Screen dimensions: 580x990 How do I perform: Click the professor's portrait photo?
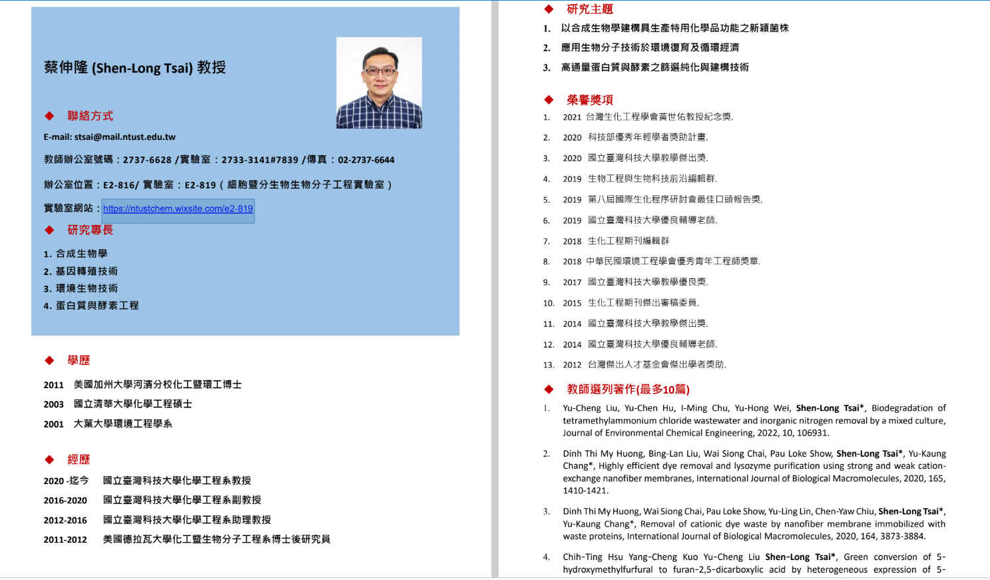coord(379,83)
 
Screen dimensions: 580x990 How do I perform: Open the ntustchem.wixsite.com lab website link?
coord(178,209)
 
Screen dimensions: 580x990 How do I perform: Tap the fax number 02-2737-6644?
coord(366,160)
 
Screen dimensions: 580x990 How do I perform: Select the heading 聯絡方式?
coord(90,116)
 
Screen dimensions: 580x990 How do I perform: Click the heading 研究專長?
coord(90,230)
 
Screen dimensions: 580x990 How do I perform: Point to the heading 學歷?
coord(79,360)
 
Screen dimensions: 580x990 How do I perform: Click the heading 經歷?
coord(79,459)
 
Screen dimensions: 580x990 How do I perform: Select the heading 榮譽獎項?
coord(589,100)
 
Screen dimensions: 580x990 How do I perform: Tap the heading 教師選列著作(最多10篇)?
coord(628,390)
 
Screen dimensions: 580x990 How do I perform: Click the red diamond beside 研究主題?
coord(549,9)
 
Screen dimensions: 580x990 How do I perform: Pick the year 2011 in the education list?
coord(54,385)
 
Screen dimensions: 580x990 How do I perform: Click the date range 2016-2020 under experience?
coord(65,501)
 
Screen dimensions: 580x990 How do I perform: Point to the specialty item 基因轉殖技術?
coord(87,272)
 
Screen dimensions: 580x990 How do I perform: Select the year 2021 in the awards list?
coord(572,117)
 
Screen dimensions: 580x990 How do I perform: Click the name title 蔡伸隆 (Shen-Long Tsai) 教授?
coord(134,68)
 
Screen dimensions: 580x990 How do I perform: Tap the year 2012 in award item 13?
coord(572,365)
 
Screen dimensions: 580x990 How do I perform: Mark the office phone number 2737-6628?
coord(147,160)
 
